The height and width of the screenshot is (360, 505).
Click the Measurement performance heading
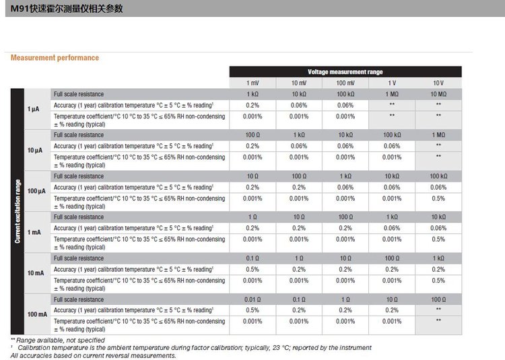pyautogui.click(x=55, y=58)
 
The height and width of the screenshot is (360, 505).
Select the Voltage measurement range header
pyautogui.click(x=345, y=71)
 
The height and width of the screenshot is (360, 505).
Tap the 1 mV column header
pyautogui.click(x=252, y=83)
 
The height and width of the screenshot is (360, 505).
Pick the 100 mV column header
pyautogui.click(x=345, y=83)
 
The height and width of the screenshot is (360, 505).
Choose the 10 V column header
pyautogui.click(x=438, y=83)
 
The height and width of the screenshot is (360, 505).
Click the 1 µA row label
pyautogui.click(x=33, y=108)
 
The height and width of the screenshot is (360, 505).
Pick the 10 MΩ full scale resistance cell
pyautogui.click(x=438, y=94)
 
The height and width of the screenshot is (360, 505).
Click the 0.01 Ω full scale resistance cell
pyautogui.click(x=252, y=299)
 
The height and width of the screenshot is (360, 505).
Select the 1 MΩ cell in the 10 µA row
pyautogui.click(x=438, y=135)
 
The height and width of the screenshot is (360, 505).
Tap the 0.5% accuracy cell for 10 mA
pyautogui.click(x=252, y=269)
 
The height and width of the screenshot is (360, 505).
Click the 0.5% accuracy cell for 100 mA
pyautogui.click(x=252, y=310)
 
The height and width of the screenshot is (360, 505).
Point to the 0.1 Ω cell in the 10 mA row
pyautogui.click(x=252, y=258)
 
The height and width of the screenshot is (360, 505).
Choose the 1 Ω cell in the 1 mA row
pyautogui.click(x=252, y=217)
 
